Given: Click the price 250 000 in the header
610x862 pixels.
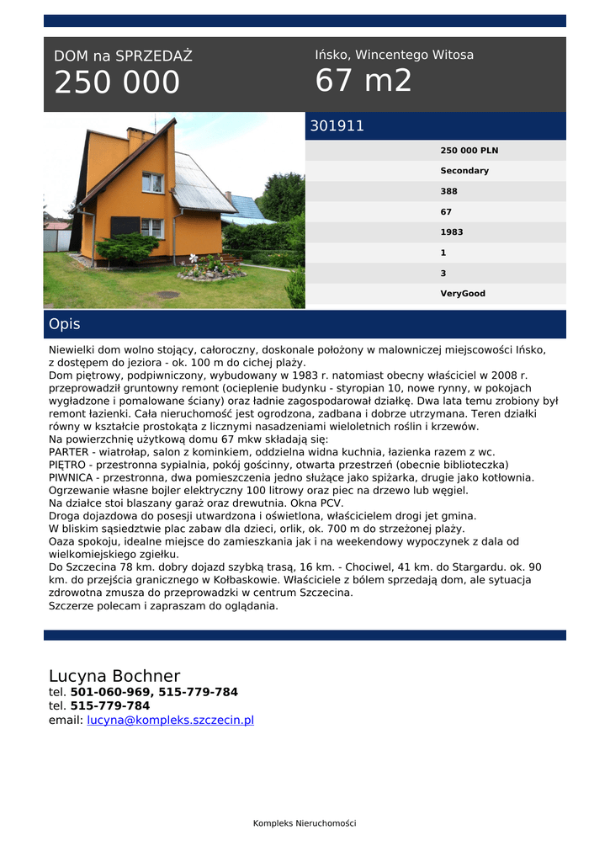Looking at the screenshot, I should [117, 82].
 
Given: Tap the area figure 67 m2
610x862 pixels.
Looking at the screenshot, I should [363, 81].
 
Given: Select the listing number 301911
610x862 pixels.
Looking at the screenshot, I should [337, 126].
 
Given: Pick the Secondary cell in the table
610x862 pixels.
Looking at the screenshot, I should [464, 171].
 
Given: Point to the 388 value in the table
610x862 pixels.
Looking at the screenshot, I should [449, 191].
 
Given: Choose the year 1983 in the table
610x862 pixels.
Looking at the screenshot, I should [452, 232].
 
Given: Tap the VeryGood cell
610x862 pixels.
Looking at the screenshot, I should [463, 294].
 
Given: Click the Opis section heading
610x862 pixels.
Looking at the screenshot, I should [65, 324].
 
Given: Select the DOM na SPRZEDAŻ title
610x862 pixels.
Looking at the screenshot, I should [123, 56].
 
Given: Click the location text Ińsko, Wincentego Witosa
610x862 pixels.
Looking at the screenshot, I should [394, 55].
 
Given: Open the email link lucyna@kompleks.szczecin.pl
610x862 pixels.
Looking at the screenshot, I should [170, 720].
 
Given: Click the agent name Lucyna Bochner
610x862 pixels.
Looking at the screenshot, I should [114, 676].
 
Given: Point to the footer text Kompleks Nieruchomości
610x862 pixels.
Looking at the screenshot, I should [305, 822].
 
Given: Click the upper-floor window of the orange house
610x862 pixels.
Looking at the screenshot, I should [152, 182].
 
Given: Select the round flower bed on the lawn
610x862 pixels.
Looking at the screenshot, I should [210, 270].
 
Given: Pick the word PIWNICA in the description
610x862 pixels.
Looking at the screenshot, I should [71, 477].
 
